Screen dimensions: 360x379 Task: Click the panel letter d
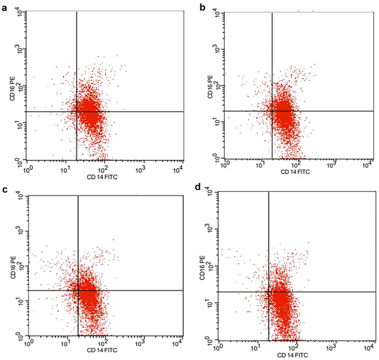click(199, 189)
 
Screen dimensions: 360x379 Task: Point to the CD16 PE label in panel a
click(12, 90)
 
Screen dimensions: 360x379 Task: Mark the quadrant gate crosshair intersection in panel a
click(76, 112)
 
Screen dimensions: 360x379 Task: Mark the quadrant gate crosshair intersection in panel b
click(272, 111)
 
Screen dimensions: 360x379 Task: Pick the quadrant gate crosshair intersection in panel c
click(78, 290)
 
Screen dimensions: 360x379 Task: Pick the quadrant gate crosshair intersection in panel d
click(268, 291)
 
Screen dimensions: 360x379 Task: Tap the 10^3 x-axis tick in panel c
click(144, 345)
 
